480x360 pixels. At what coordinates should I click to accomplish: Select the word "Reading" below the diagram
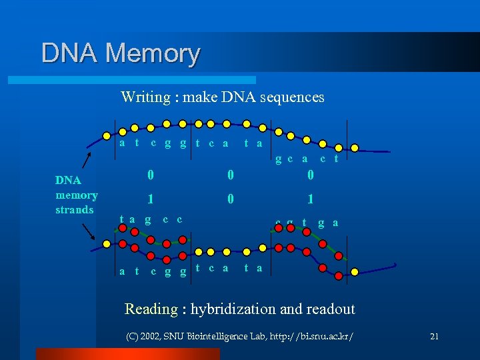coord(151,309)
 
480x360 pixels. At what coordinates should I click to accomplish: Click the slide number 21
coord(434,337)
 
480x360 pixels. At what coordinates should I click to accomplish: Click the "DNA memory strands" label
coord(76,195)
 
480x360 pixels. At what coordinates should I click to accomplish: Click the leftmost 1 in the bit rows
coord(151,199)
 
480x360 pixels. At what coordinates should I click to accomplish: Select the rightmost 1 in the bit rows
coord(311,199)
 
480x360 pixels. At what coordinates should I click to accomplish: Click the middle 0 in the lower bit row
coord(230,199)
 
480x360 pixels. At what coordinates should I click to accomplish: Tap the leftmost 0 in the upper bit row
coord(151,175)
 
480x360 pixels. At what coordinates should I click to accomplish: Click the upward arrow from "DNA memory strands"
coord(86,162)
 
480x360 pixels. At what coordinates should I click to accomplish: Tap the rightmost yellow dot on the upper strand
coord(355,147)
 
